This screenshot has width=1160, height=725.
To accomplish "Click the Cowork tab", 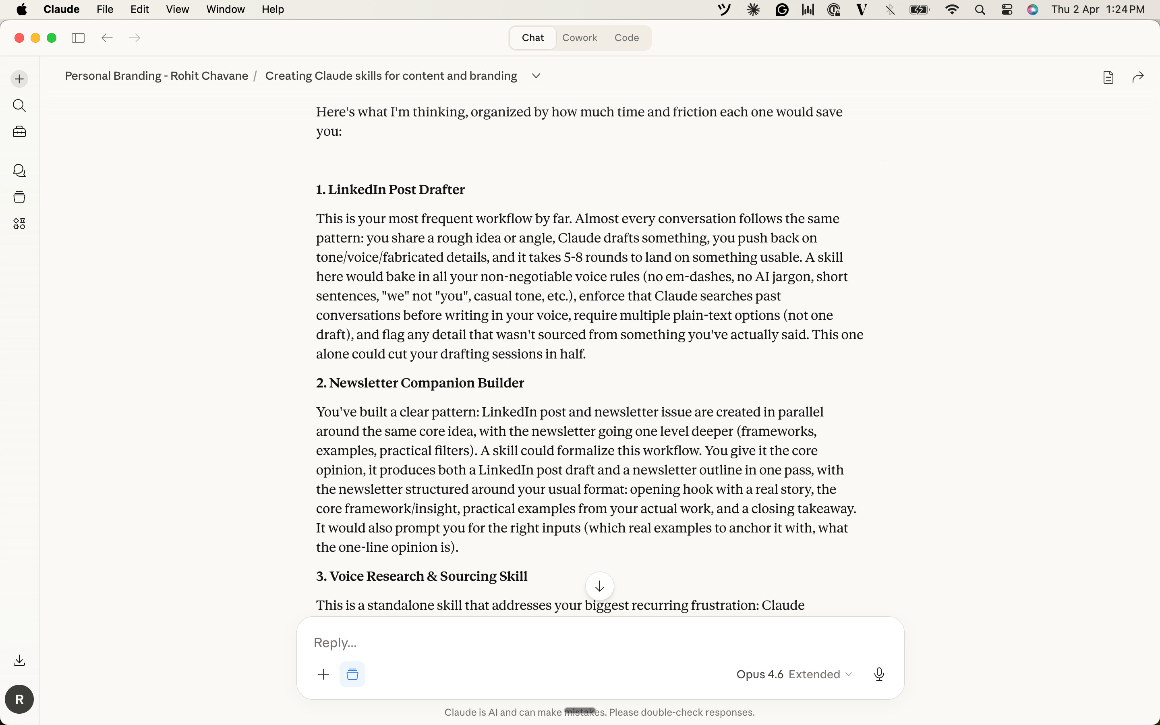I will click(x=580, y=38).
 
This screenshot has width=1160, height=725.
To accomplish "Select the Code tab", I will click(x=626, y=38).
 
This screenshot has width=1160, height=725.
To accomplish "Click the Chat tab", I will click(x=532, y=38).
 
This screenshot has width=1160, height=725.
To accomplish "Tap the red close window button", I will click(x=19, y=38).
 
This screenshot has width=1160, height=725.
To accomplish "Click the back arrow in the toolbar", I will click(x=107, y=38).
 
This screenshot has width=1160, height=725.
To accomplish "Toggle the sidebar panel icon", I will click(x=78, y=38).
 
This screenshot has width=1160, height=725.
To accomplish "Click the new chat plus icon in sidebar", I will click(x=19, y=79).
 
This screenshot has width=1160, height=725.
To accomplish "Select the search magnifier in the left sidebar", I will click(x=19, y=106).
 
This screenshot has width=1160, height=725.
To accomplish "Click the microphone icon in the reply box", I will click(x=878, y=674).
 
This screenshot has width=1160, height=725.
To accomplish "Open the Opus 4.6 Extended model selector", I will click(x=794, y=674).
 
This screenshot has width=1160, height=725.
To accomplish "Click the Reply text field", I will click(x=575, y=642).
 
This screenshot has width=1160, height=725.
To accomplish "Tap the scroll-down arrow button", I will click(x=599, y=586).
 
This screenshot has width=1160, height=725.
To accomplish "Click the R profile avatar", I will click(x=19, y=699).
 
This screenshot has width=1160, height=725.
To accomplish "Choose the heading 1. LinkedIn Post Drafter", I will click(x=390, y=190).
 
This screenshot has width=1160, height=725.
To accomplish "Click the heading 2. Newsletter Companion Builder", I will click(x=420, y=383).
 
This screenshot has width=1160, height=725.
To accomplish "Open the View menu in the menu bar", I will click(x=177, y=10).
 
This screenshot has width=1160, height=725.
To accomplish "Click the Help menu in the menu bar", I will click(x=273, y=10).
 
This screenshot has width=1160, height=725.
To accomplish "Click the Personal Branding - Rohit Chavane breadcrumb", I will click(x=157, y=76).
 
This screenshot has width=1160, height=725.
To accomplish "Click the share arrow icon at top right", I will click(x=1138, y=77).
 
